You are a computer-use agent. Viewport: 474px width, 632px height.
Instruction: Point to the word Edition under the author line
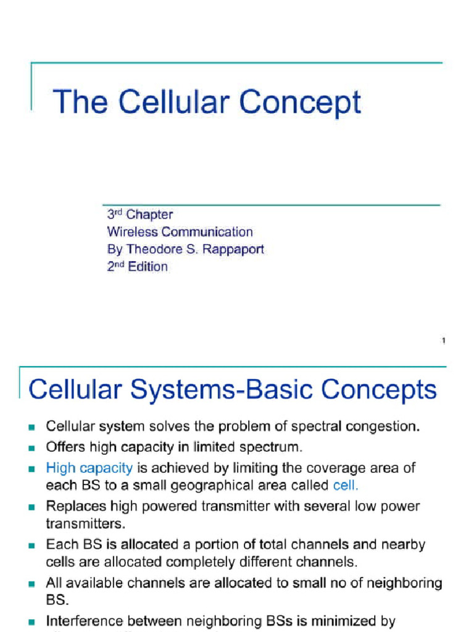pyautogui.click(x=148, y=267)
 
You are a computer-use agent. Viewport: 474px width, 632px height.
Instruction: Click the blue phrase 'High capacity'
pyautogui.click(x=89, y=468)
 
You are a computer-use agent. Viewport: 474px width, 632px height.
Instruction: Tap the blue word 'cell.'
pyautogui.click(x=346, y=485)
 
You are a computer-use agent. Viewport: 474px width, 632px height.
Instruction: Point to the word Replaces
pyautogui.click(x=75, y=506)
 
